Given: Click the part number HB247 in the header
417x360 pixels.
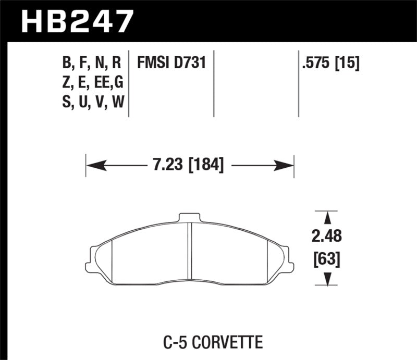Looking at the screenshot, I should coord(77,21).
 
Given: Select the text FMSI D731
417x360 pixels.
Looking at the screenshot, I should coord(171,64).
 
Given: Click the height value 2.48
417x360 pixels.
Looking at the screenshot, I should coord(327,237).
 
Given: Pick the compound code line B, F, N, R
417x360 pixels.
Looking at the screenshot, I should coord(92,64).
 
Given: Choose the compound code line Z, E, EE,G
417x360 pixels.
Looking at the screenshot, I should coord(92,83).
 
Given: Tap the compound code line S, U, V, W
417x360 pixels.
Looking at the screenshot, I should coord(92,102).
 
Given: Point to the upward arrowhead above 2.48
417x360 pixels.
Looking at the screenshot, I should coord(327,218).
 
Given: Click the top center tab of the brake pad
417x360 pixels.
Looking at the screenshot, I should coord(190,217).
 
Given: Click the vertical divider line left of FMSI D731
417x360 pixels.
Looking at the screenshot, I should coord(129,83).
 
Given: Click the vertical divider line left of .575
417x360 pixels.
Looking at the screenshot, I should coord(298,83).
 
